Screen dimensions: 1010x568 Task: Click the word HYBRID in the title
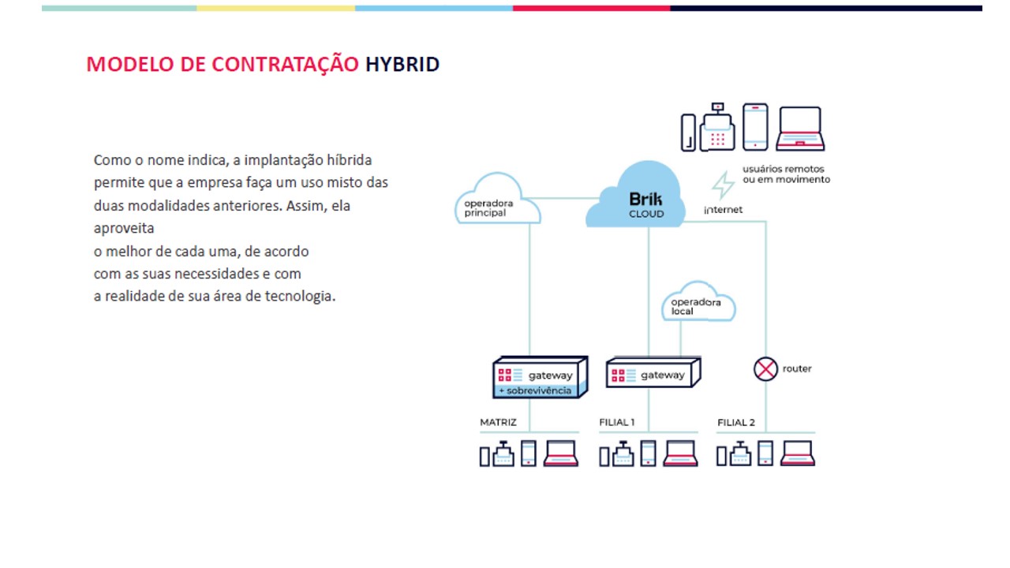[x=402, y=64]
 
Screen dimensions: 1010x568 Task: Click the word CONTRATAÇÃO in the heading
[x=286, y=64]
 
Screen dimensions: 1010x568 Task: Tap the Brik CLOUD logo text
[x=645, y=205]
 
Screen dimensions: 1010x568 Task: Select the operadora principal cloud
[x=498, y=198]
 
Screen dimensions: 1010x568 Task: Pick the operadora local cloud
[x=698, y=301]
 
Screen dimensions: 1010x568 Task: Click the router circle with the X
[x=765, y=369]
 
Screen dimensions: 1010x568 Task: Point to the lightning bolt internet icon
[x=724, y=185]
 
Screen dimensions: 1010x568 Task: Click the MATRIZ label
[x=498, y=422]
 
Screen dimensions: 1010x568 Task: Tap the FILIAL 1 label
[x=617, y=422]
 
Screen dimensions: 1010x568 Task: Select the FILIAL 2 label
[x=736, y=422]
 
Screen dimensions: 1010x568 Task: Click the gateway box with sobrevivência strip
[x=541, y=377]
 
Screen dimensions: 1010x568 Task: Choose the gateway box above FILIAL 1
[x=653, y=372]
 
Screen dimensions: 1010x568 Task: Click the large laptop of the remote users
[x=800, y=129]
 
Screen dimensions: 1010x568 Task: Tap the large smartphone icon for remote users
[x=755, y=127]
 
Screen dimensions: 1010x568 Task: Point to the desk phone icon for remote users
[x=717, y=127]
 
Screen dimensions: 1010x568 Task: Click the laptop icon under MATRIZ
[x=560, y=453]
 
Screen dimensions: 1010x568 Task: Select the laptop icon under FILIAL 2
[x=797, y=453]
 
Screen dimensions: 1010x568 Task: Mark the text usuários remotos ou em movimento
[x=787, y=174]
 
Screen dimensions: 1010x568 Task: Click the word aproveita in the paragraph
[x=124, y=229]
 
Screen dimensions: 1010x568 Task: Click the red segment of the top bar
[x=592, y=8]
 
